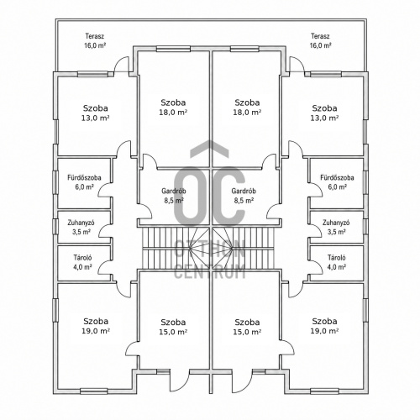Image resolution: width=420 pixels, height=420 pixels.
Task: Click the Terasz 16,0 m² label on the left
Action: point(95,41)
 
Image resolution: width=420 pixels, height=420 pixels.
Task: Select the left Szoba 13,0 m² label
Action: point(96,113)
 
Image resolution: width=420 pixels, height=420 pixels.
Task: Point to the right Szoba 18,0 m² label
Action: point(247,108)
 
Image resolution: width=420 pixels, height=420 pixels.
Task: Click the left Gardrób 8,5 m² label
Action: point(174,196)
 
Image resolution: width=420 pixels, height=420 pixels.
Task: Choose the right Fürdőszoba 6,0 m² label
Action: point(337,182)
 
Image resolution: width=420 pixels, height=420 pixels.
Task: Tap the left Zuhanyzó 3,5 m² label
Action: point(81,227)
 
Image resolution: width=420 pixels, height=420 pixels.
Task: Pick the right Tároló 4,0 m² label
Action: point(337,262)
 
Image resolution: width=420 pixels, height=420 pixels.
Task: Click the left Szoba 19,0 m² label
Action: point(96,326)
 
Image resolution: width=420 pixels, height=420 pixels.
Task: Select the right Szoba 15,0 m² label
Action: point(247,327)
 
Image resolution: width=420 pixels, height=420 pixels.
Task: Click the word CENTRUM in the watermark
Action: point(210,271)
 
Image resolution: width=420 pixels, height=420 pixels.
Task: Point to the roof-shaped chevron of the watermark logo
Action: point(209,149)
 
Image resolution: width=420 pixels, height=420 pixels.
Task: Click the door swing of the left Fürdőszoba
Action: point(103,190)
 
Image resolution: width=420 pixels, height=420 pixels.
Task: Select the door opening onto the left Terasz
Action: point(122,64)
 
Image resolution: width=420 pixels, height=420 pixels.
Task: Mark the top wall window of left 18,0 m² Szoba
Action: point(173,49)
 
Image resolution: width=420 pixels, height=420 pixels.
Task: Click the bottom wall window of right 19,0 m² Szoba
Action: point(324,391)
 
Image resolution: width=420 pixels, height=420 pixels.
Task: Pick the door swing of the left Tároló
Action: point(103,267)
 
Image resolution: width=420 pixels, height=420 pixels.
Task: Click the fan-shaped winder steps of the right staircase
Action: point(223,248)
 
